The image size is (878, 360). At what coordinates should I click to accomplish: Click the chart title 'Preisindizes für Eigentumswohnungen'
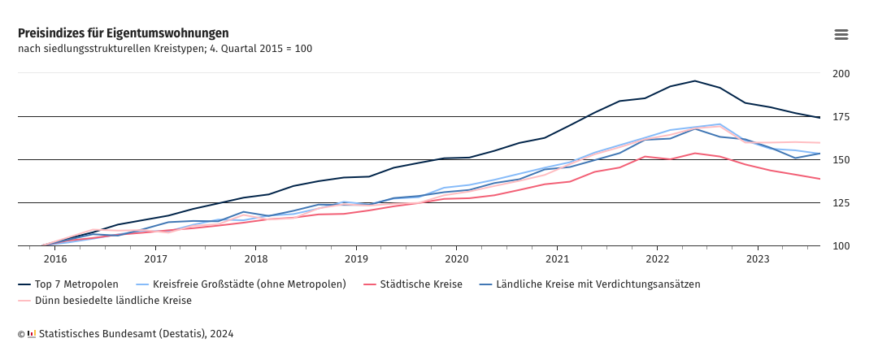coord(123,33)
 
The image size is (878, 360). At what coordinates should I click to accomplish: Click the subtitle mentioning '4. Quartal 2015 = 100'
coord(165,49)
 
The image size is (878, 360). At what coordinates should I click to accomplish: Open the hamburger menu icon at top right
coord(841,34)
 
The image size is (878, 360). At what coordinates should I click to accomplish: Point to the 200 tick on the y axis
coord(841,74)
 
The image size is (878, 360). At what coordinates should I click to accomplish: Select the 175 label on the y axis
coord(841,117)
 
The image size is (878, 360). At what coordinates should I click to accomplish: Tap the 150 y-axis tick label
coord(841,160)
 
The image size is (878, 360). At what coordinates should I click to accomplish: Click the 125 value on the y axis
coord(841,203)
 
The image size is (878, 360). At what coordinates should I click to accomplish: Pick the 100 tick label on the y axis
coord(841,246)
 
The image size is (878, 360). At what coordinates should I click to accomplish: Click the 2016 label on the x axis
coord(55,259)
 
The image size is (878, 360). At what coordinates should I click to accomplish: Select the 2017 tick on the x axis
coord(155,259)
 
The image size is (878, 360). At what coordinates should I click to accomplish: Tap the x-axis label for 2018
coord(256,259)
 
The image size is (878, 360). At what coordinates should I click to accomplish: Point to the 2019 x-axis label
coord(356,259)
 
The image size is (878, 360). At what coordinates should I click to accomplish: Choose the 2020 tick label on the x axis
coord(457,259)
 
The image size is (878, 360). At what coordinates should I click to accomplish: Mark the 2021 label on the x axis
coord(557,259)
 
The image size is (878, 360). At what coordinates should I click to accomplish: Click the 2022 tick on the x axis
coord(658,259)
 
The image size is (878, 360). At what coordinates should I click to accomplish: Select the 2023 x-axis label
coord(758,259)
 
